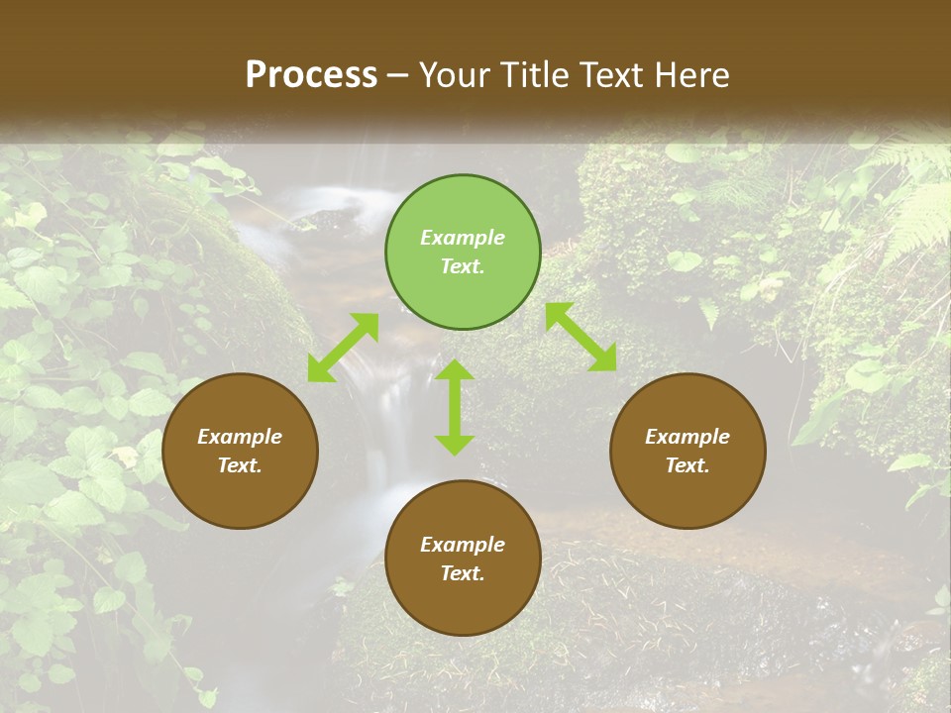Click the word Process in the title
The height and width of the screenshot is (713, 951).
[x=311, y=75]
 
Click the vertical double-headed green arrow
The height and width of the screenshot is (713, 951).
[x=455, y=407]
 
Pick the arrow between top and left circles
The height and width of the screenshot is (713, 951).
[x=343, y=348]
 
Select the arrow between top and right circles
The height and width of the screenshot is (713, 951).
[x=581, y=337]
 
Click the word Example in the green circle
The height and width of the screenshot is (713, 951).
[x=463, y=238]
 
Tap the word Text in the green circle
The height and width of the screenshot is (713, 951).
[x=461, y=266]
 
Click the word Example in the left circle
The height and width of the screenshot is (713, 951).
[x=240, y=437]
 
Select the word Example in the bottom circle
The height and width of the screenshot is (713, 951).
[x=463, y=545]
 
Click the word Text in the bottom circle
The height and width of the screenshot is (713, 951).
[x=461, y=573]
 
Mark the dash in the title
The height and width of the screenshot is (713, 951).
[x=398, y=75]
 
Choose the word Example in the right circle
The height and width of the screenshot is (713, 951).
[x=687, y=437]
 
